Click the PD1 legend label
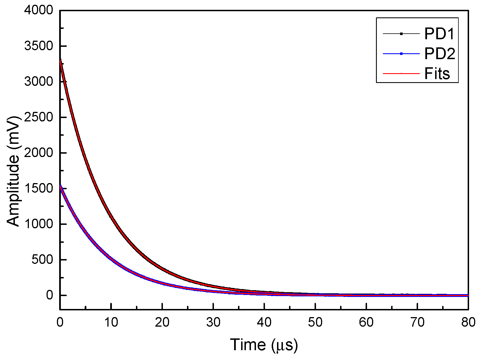click(x=439, y=34)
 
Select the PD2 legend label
click(x=440, y=54)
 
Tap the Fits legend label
click(x=437, y=74)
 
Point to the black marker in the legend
click(x=401, y=34)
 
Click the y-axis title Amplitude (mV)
click(x=13, y=171)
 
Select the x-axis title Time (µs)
click(x=264, y=345)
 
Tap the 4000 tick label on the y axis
click(x=38, y=10)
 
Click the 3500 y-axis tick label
click(x=38, y=46)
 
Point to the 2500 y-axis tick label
click(x=38, y=117)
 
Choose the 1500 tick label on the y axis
click(x=38, y=188)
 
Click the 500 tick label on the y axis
click(x=42, y=260)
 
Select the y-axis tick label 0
click(x=49, y=295)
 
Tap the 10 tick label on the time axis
click(x=111, y=322)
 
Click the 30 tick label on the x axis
click(x=213, y=322)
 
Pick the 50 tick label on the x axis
click(x=315, y=322)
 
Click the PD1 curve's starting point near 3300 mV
click(x=61, y=60)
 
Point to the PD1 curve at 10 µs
click(x=111, y=216)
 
